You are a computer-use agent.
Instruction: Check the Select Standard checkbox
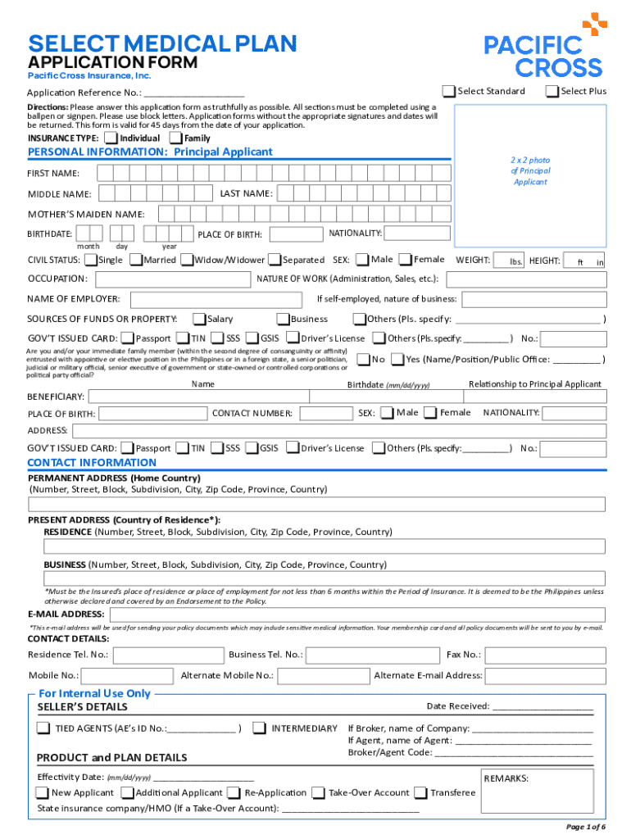(449, 91)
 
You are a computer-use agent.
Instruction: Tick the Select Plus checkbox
(552, 91)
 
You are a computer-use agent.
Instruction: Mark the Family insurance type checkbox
(175, 138)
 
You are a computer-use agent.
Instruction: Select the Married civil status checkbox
(135, 260)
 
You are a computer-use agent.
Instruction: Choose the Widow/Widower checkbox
(187, 260)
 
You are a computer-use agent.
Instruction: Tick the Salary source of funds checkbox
(199, 319)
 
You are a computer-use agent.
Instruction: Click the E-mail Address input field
(356, 615)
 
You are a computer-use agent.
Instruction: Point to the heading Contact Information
(92, 462)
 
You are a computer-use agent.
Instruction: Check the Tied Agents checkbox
(43, 728)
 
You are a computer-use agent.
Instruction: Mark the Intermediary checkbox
(259, 728)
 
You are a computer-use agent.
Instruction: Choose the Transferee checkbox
(421, 792)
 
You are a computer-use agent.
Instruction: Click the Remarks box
(542, 791)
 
